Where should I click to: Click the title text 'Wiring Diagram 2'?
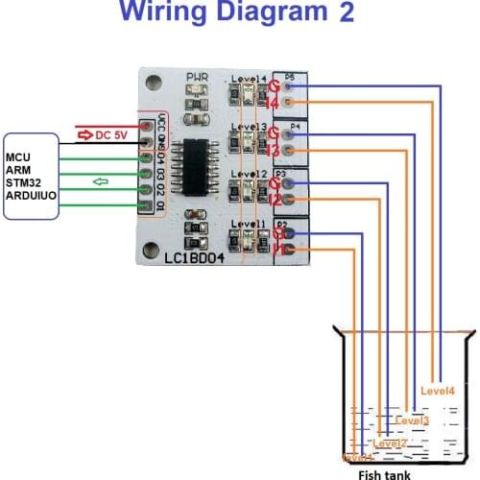click(x=238, y=13)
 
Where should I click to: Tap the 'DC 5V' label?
click(x=112, y=135)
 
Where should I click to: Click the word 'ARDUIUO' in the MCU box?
click(x=30, y=195)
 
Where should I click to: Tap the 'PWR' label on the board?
click(x=198, y=77)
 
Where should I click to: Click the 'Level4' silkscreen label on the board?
click(x=249, y=78)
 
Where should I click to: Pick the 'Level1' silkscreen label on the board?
click(x=248, y=224)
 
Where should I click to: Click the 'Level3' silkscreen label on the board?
click(x=249, y=127)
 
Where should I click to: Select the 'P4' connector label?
click(x=296, y=125)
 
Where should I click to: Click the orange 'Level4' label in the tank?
click(x=438, y=390)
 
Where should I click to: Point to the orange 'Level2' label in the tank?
click(x=390, y=443)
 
